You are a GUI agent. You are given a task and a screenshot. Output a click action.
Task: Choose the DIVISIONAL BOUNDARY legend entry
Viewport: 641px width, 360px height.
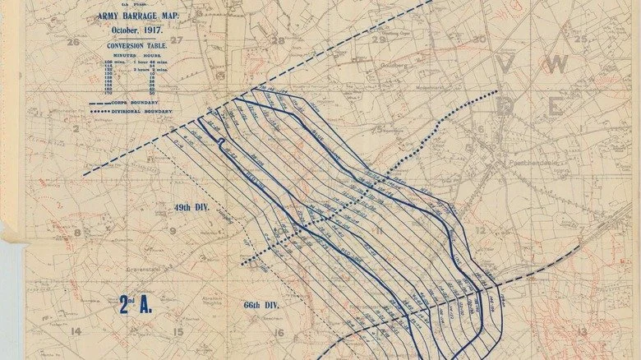point(149,111)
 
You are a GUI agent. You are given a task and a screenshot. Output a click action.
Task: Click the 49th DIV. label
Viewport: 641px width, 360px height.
point(191,207)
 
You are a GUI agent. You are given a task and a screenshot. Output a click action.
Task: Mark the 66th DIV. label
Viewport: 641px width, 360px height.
point(262,304)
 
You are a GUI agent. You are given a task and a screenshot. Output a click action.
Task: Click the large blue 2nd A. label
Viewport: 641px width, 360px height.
point(136,305)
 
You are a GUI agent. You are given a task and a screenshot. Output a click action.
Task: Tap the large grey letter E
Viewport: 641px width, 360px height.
point(556,106)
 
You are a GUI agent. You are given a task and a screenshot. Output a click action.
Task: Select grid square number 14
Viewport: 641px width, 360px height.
point(76,331)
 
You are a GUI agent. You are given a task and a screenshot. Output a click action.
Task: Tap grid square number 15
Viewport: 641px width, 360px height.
point(177,331)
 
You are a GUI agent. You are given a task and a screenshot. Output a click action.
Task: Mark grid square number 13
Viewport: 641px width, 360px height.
point(582,332)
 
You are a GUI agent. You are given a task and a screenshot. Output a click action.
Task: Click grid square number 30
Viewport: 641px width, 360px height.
point(480,38)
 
